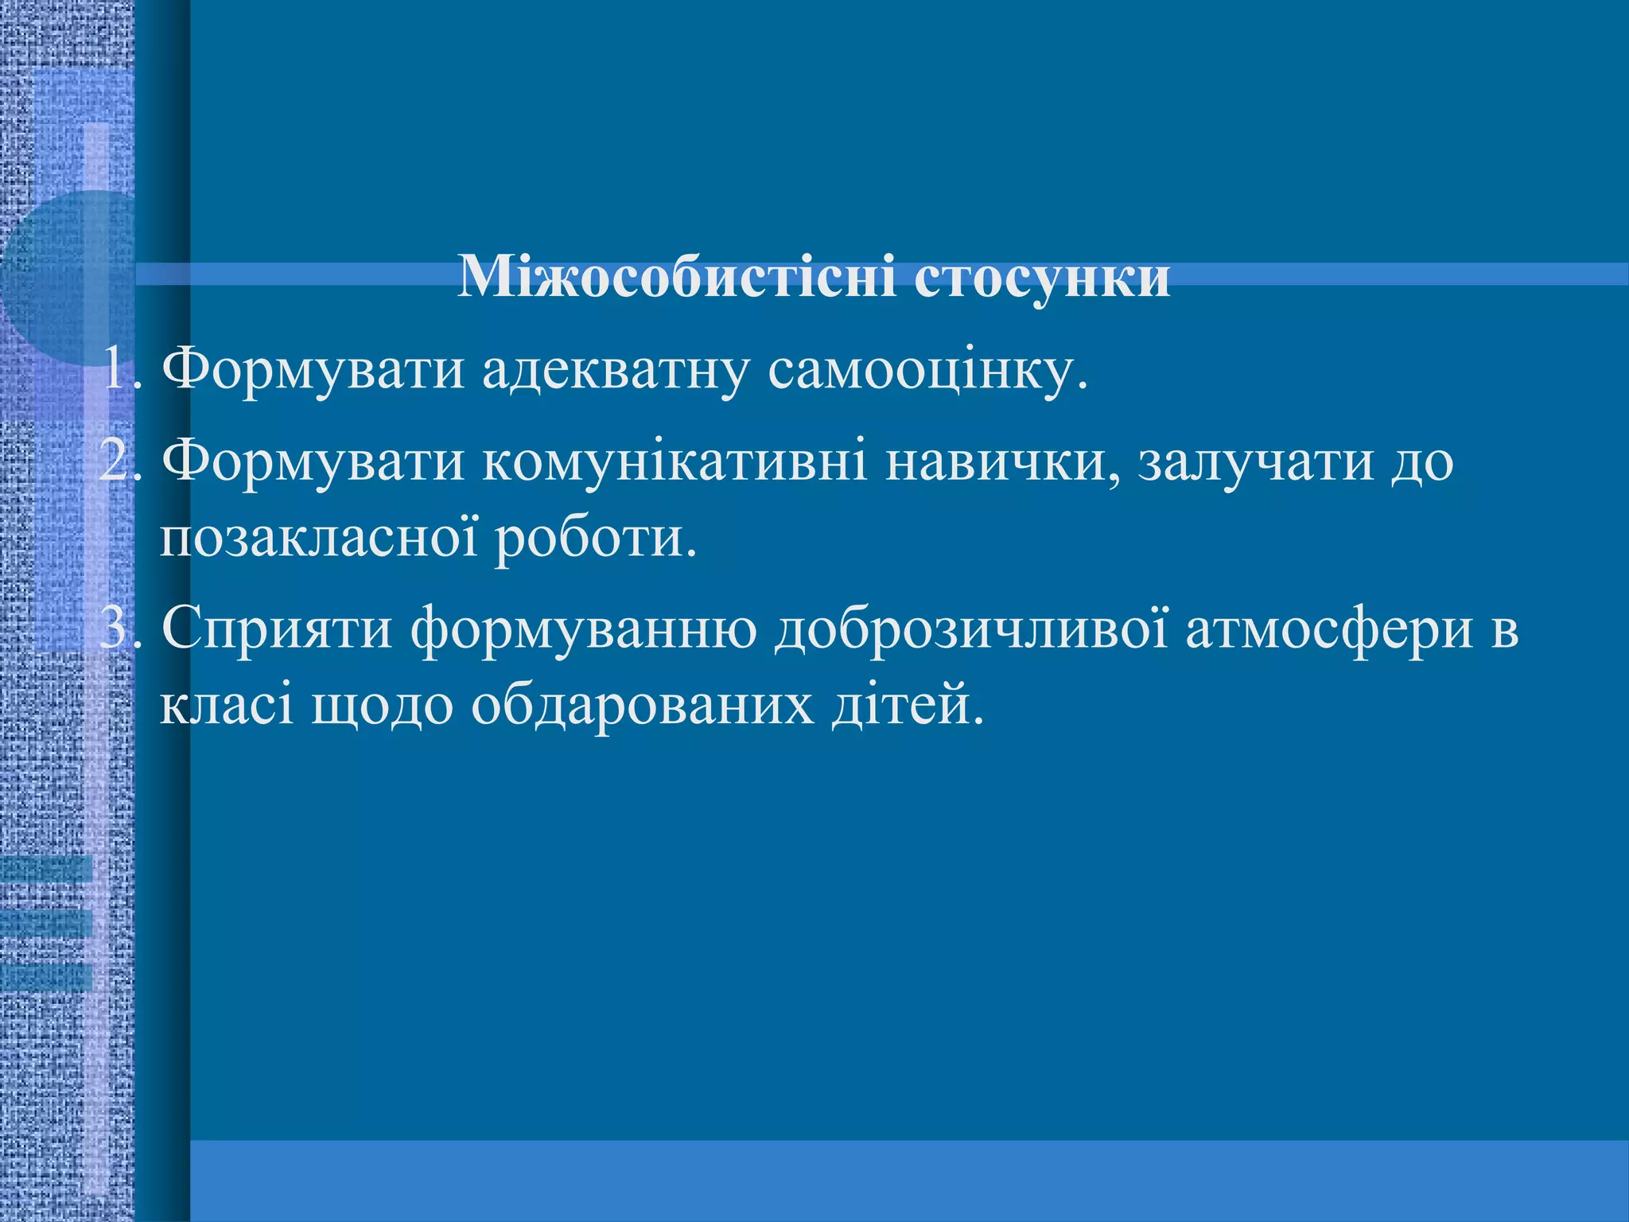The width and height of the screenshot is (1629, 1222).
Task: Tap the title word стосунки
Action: click(1042, 278)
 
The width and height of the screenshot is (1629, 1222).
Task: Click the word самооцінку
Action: click(927, 369)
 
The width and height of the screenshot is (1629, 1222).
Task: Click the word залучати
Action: click(1256, 461)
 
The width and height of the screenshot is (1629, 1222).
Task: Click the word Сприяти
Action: click(277, 629)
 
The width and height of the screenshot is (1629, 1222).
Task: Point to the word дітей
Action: click(908, 705)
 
